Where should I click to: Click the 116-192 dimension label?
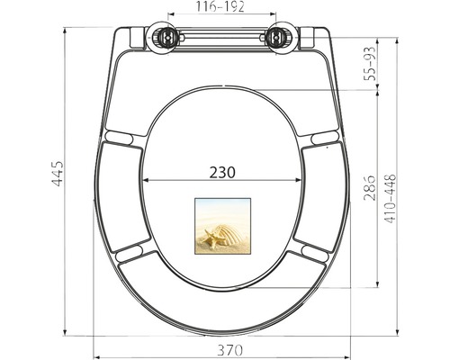[220, 6]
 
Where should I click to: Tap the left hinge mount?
[166, 39]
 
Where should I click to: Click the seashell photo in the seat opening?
[220, 227]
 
